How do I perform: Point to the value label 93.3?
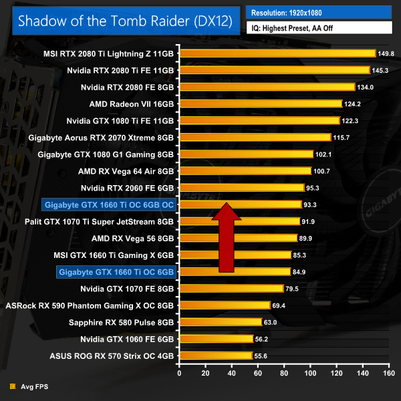coord(313,204)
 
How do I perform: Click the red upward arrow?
coord(227,237)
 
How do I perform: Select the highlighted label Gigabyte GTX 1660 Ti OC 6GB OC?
coord(108,204)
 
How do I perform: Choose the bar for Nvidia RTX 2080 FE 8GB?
coord(267,87)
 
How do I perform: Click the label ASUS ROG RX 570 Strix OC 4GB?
coord(112,356)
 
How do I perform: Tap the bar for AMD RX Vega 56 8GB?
coord(238,238)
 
